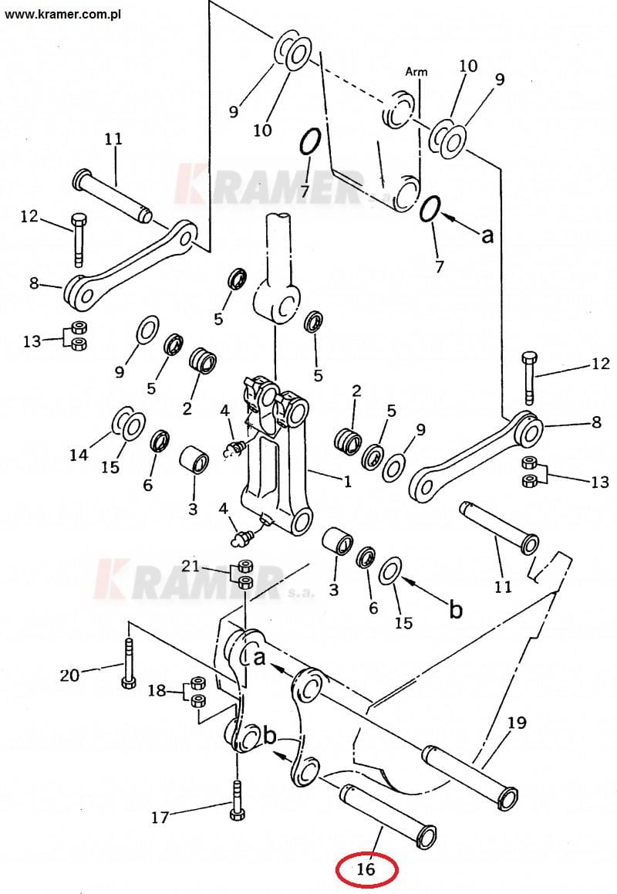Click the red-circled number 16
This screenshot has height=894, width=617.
coord(366,869)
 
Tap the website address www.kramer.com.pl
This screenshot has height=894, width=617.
coord(62,14)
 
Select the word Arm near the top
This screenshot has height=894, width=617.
coord(416,72)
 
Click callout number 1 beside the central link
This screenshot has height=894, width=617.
coord(348,482)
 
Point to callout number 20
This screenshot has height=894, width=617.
coord(69,675)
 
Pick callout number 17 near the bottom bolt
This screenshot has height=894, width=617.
coord(160,818)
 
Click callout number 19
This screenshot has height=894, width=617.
coord(517,723)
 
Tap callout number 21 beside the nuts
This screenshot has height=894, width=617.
coord(190,566)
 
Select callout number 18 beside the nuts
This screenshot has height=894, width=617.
coord(157,690)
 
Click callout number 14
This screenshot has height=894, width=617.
coord(79,455)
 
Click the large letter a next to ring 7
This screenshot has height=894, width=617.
coord(487,235)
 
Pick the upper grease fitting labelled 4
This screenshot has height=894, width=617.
coord(234,449)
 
